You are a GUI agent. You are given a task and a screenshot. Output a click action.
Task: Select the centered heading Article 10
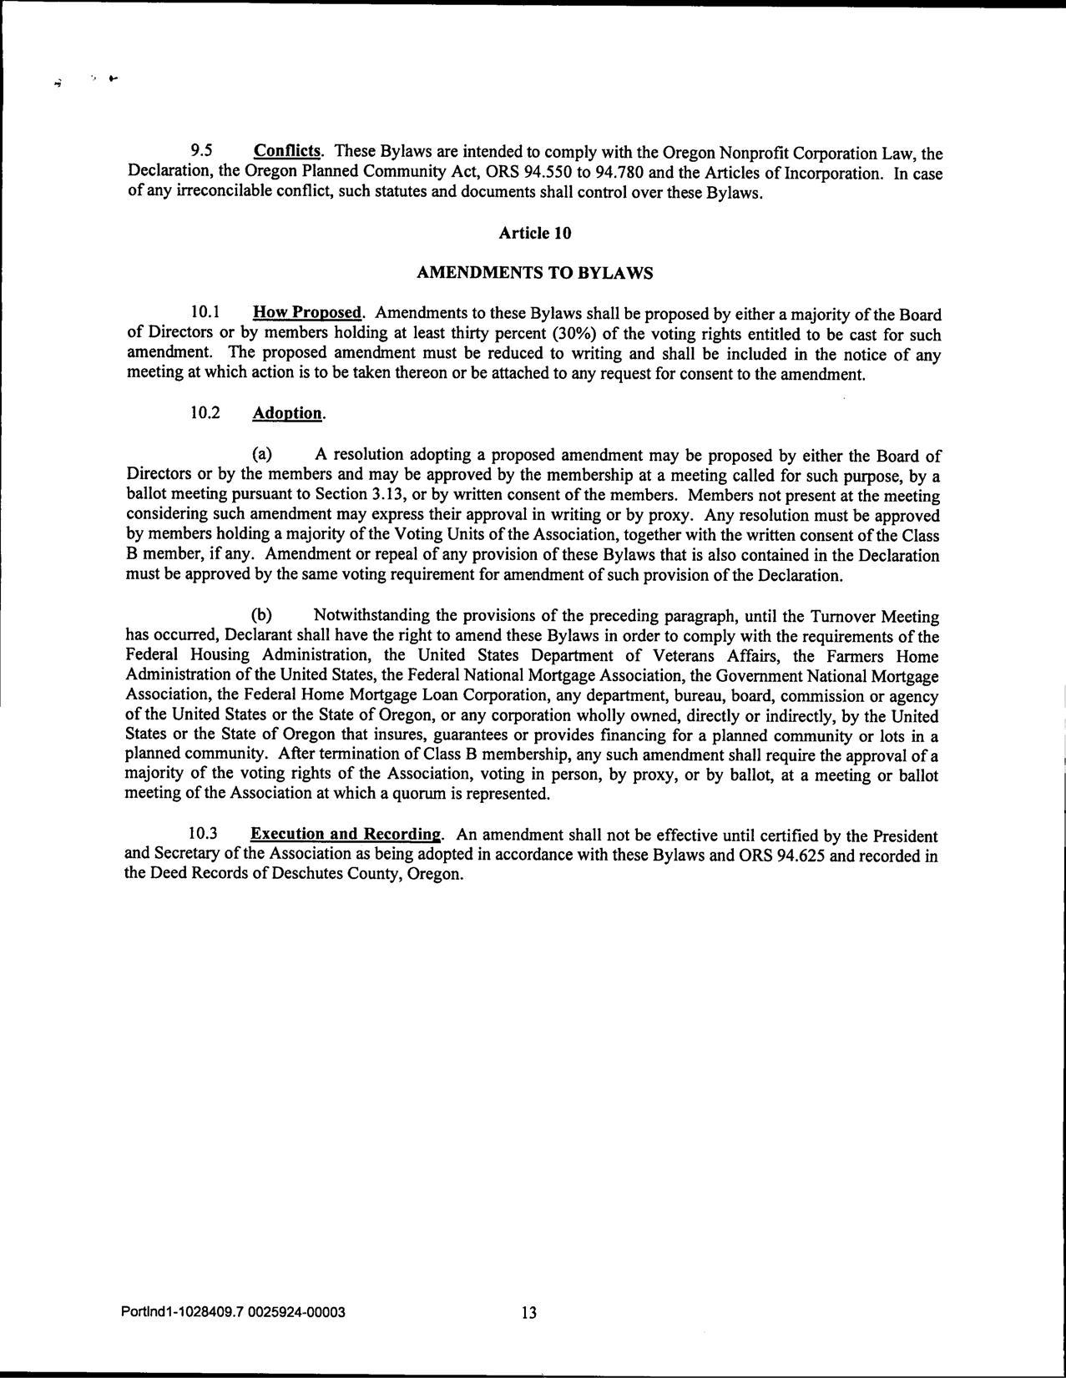point(534,233)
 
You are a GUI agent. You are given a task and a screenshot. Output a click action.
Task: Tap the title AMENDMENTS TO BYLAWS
point(534,273)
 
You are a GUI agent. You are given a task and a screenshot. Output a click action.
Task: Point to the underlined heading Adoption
point(288,413)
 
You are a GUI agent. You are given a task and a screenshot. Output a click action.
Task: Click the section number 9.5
point(201,151)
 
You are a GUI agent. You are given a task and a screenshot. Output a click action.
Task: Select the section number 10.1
point(205,313)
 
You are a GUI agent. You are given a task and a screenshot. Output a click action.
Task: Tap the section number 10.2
point(205,413)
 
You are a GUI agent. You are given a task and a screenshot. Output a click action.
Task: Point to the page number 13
point(529,1313)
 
